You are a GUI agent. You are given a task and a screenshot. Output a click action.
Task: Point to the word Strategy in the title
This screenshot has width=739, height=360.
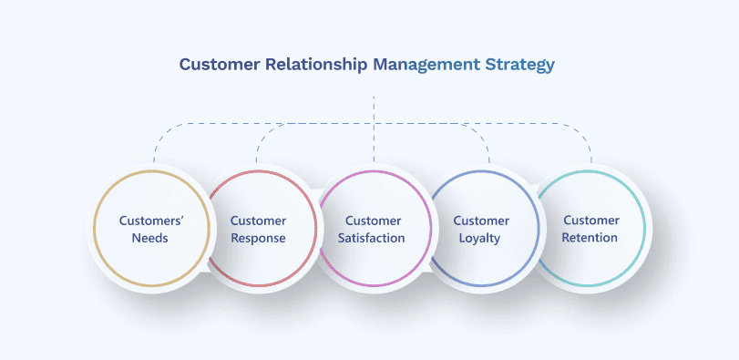click(x=520, y=65)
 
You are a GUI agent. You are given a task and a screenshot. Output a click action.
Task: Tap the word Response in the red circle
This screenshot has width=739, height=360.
click(x=258, y=238)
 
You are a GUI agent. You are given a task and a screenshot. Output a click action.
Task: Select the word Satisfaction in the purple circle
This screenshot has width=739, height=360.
click(x=374, y=238)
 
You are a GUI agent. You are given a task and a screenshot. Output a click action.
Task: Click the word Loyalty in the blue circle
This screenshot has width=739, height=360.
click(x=481, y=238)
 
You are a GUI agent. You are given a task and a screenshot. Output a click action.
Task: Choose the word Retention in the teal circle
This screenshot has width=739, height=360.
click(x=590, y=238)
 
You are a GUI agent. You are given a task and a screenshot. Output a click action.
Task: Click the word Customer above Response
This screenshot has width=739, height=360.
click(x=258, y=221)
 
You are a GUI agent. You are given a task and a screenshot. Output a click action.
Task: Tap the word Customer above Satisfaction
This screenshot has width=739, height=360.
click(x=374, y=221)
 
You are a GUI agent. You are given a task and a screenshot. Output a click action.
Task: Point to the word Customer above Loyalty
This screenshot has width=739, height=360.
click(x=481, y=221)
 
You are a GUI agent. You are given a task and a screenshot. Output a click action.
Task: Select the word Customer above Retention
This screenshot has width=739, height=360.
click(x=590, y=221)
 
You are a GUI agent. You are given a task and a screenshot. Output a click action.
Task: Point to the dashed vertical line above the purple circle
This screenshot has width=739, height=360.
click(x=374, y=146)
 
